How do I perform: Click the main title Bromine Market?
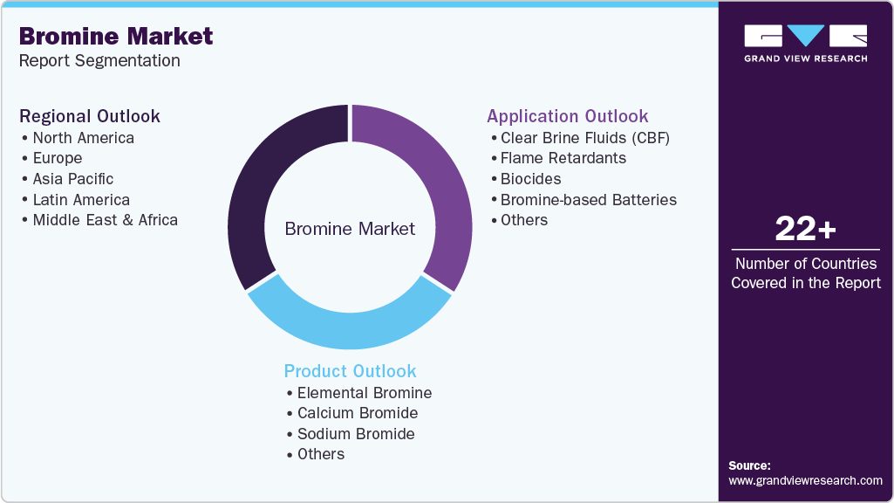116,36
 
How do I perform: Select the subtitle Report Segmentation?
99,61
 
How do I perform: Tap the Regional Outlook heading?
90,117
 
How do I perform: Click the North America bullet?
83,138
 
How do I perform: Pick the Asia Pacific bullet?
73,179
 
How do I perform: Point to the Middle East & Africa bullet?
105,220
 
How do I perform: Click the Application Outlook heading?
567,117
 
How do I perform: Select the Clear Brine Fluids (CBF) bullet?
584,138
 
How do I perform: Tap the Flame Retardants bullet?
563,158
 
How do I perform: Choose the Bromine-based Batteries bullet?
588,200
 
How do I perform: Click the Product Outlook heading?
350,371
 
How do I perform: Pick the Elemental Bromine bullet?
364,393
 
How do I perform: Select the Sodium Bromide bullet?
356,434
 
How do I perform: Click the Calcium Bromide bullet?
358,413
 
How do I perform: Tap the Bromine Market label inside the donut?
350,229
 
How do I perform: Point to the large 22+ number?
805,230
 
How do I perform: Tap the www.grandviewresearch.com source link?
805,480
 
